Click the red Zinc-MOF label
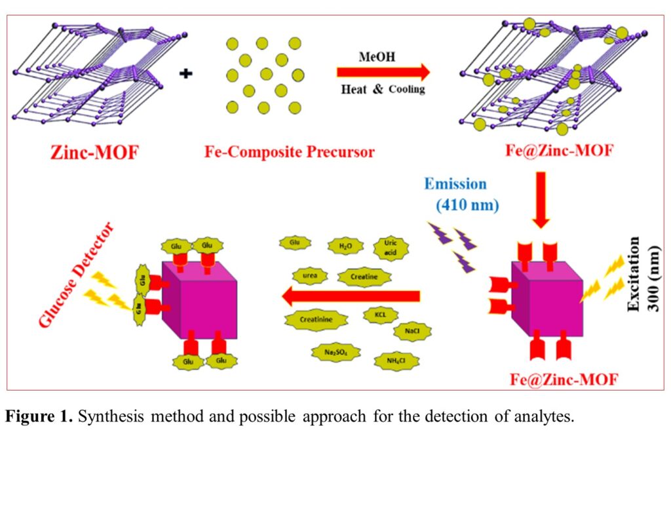(x=95, y=152)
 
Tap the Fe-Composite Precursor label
(x=289, y=152)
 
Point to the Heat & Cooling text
(x=383, y=89)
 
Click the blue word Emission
(x=455, y=184)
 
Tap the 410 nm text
(x=468, y=205)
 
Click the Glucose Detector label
(x=76, y=275)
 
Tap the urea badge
(x=310, y=275)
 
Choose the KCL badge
(x=381, y=314)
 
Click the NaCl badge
(x=412, y=331)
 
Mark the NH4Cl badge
(x=396, y=361)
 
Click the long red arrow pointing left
(x=351, y=297)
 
